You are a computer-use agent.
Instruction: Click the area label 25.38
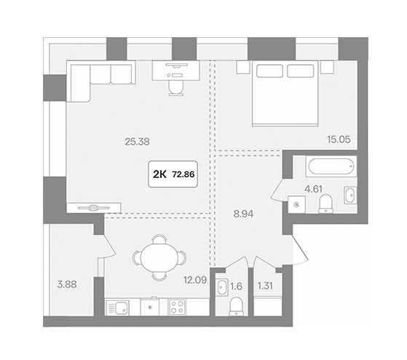tap(137, 142)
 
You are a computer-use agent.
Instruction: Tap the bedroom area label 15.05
tap(339, 139)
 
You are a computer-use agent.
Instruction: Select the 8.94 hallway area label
tap(243, 214)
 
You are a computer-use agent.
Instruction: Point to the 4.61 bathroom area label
tap(313, 189)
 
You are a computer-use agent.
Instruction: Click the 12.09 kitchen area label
tap(195, 280)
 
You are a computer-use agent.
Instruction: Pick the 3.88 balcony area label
tap(67, 284)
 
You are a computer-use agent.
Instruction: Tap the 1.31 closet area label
tap(265, 286)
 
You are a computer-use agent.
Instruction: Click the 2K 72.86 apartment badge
tap(173, 174)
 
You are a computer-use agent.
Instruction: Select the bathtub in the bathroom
tap(331, 166)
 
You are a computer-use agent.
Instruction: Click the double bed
tap(285, 93)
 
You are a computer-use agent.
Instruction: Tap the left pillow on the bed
tap(269, 71)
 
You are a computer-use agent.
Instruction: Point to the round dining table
tap(159, 258)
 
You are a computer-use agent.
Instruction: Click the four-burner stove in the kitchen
tap(177, 307)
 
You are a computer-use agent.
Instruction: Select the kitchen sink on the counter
tap(117, 308)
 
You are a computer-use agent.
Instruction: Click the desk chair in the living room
tap(176, 87)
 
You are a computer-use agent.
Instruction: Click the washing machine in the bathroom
tap(296, 205)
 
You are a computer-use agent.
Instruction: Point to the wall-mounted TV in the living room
tap(94, 208)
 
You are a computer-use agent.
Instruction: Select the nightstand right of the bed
tap(327, 67)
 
